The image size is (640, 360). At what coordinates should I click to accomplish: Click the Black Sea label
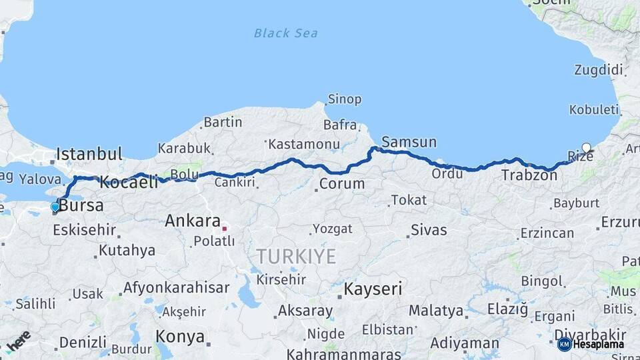click(286, 33)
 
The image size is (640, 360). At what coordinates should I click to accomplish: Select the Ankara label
click(193, 221)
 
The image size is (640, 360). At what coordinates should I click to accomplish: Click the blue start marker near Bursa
click(55, 207)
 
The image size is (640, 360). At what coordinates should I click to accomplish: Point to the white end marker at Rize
click(586, 148)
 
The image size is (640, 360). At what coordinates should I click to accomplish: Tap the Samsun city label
click(409, 142)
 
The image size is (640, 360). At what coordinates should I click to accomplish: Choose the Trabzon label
click(529, 175)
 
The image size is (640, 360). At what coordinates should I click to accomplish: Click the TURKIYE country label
click(297, 257)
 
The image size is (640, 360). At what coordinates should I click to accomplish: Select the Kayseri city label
click(373, 289)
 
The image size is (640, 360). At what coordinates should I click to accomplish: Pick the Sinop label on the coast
click(344, 99)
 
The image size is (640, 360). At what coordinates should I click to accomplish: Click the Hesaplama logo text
click(599, 344)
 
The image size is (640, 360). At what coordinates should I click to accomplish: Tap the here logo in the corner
click(18, 340)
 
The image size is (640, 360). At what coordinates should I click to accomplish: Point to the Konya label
click(180, 337)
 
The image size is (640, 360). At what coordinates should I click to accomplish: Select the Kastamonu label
click(305, 143)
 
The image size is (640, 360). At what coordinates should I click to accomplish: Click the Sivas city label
click(429, 230)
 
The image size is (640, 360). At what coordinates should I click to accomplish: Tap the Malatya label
click(435, 310)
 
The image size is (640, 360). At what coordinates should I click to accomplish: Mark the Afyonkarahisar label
click(176, 288)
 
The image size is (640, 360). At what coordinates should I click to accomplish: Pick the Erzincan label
click(547, 233)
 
